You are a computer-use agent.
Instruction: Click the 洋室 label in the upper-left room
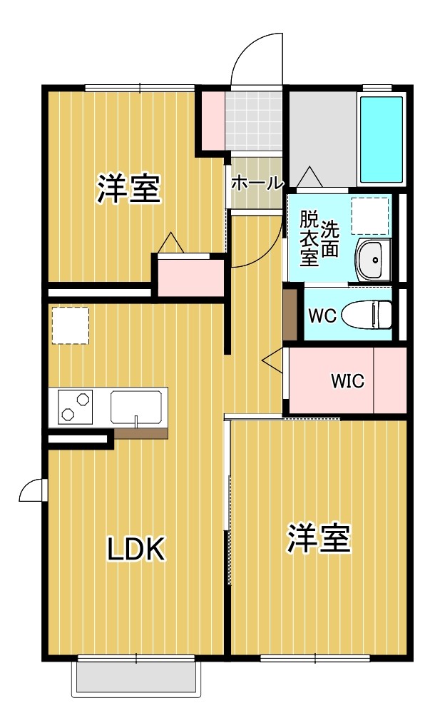pos(128,188)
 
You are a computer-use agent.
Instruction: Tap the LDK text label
pos(136,549)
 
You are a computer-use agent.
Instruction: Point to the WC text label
pos(322,315)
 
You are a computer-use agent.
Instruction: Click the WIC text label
pos(347,381)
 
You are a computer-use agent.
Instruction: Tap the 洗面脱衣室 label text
pos(319,238)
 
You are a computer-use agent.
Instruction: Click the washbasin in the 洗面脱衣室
pos(372,261)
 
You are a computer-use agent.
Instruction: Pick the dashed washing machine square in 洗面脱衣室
pos(371,216)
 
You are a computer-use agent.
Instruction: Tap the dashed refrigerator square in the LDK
pos(70,326)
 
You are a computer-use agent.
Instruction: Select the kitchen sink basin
pos(137,407)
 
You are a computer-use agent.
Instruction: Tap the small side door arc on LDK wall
pos(33,490)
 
